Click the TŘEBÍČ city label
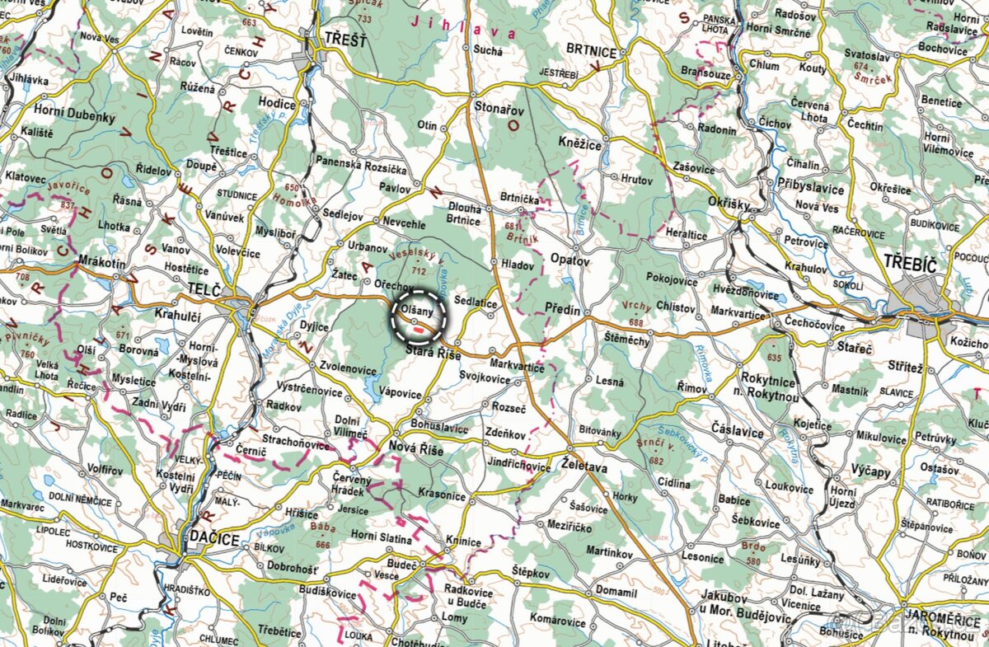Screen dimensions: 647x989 pos(911,263)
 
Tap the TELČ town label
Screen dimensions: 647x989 pos(204,289)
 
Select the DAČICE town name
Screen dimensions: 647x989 pos(213,539)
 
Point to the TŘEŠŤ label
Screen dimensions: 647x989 pos(345,39)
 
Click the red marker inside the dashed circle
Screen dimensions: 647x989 pos(419,329)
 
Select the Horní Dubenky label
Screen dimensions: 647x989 pos(74,117)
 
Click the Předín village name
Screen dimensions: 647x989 pos(563,309)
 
